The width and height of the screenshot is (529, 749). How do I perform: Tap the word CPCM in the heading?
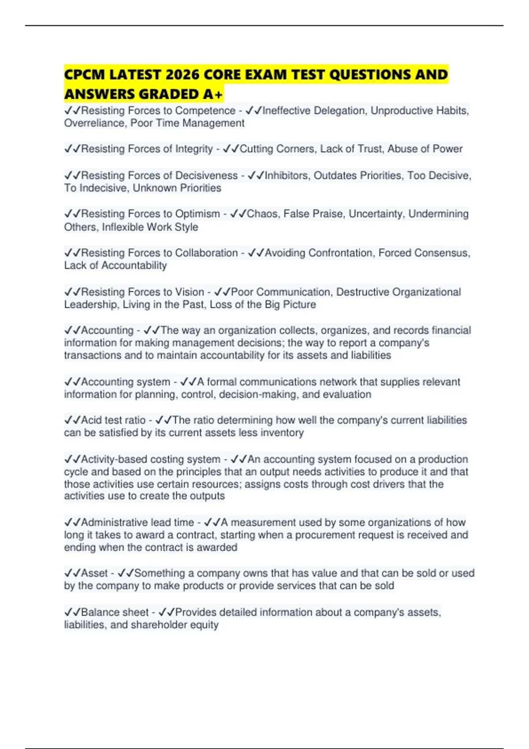coord(84,74)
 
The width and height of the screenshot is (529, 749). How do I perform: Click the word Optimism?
coord(197,214)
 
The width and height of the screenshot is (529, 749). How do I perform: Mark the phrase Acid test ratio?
coord(113,420)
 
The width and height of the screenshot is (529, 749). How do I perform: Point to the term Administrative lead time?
coord(137,522)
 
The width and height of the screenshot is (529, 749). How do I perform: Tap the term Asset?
coord(94,573)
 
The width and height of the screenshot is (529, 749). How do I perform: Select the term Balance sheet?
coord(115,612)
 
